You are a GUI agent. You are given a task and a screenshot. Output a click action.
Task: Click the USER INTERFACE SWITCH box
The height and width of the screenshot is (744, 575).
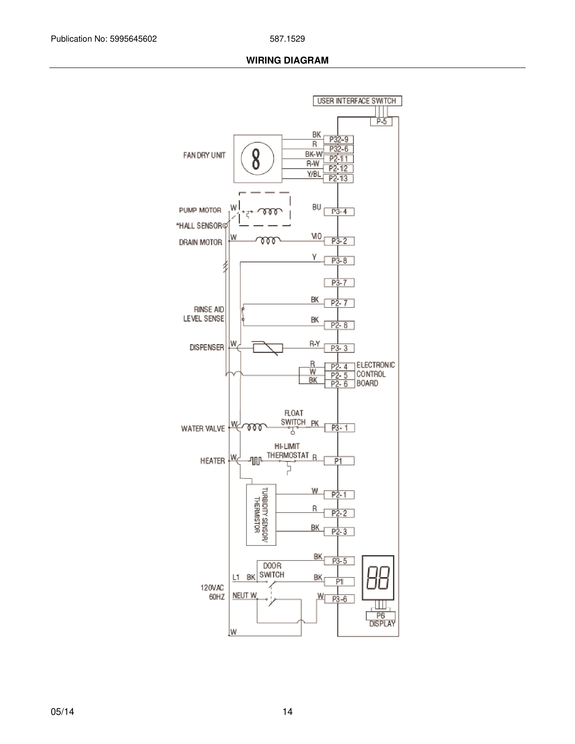point(357,101)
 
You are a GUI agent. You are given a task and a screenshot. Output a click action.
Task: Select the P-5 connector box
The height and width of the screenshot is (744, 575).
point(381,121)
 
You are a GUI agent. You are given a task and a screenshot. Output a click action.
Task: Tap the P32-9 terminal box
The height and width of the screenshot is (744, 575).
point(338,140)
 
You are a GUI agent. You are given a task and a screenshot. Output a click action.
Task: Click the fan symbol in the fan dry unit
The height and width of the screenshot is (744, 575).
point(257,158)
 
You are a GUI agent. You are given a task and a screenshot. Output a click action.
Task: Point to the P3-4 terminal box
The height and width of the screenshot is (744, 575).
point(339,212)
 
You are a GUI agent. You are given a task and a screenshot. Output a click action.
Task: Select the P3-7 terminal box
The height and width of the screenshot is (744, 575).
point(339,283)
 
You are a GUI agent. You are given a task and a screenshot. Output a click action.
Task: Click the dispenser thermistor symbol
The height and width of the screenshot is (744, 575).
point(268,348)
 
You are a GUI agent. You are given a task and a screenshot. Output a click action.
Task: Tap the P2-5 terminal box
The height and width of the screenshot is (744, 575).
point(339,375)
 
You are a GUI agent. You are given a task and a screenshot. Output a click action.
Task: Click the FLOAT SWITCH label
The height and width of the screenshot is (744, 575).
point(293,418)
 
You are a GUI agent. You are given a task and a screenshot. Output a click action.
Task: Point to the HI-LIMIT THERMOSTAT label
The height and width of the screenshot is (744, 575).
point(287,451)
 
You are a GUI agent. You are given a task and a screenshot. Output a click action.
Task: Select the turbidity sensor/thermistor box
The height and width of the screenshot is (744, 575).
point(261,514)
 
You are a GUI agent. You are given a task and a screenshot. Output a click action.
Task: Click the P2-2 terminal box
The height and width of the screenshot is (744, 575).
point(339,513)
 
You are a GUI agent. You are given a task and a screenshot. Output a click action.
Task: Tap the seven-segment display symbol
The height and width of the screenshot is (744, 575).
point(378,578)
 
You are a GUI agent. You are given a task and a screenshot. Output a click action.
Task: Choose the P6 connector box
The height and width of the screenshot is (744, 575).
point(381,616)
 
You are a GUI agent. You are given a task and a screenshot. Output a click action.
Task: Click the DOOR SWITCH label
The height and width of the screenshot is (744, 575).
point(272,570)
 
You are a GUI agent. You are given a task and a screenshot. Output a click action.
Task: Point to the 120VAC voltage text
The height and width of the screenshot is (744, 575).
point(212,588)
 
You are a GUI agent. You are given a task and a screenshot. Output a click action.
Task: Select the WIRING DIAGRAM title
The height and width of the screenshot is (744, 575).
point(287,60)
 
